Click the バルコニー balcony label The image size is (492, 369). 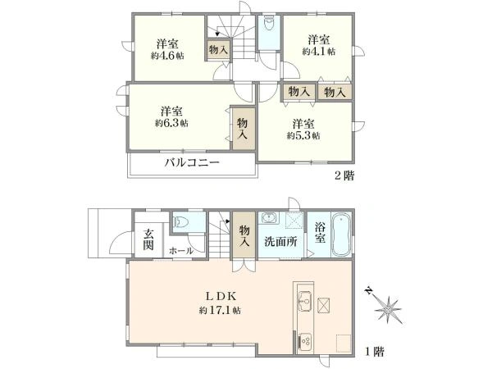pos(191,163)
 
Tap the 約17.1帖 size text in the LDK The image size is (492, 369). pos(220,311)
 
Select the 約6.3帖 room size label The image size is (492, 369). pos(171,123)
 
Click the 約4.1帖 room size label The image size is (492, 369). pos(319,51)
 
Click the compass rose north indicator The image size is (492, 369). pos(386,308)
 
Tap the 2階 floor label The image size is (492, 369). pos(344,175)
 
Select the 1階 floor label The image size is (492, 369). pos(374,351)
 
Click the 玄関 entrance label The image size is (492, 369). pos(148,238)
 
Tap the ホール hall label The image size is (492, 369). pos(180,250)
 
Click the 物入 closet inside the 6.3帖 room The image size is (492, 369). pos(243,129)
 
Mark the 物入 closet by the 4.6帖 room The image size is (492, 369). pos(218,49)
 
